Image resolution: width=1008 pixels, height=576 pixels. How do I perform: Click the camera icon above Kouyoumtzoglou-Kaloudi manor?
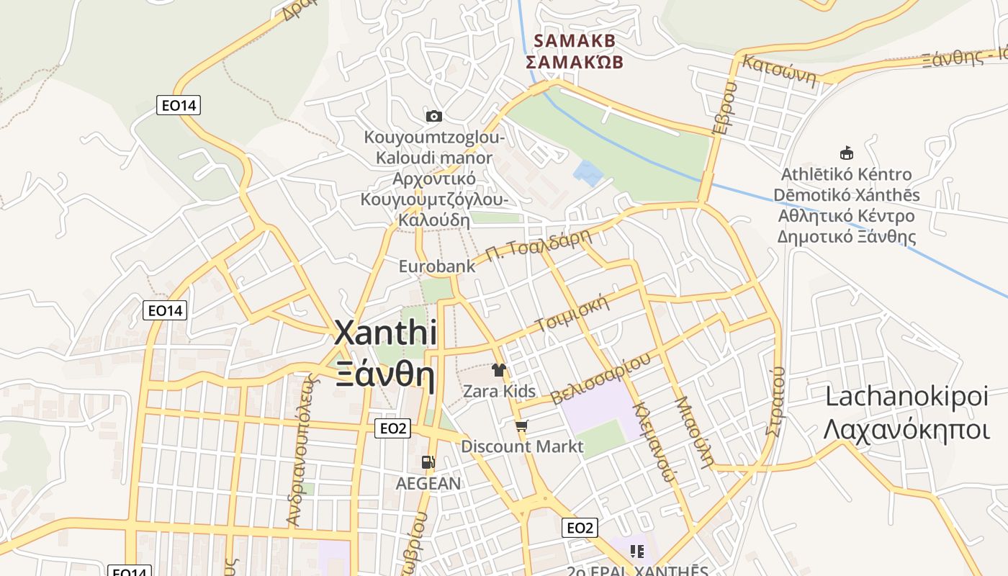433,116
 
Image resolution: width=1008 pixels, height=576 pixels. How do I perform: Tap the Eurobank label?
437,266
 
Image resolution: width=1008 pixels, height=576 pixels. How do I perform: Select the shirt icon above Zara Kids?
498,370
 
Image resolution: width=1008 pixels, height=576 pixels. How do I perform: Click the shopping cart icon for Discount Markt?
522,426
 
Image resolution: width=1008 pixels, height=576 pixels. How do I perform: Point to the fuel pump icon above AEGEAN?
428,462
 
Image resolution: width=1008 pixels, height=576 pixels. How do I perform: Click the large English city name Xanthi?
386,333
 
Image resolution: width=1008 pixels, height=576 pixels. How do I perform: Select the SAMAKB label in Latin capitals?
575,41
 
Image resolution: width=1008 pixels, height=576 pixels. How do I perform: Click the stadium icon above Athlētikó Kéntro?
847,153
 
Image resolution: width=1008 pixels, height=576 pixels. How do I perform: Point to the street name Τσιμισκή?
573,313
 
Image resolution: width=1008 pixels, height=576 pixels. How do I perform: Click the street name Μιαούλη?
694,432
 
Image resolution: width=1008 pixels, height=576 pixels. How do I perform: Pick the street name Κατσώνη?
780,70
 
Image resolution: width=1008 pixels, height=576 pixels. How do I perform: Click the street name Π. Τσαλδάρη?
532,247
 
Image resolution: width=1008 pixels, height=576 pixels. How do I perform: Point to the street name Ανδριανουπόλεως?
302,451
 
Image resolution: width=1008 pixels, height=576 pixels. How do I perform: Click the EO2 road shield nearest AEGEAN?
393,429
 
